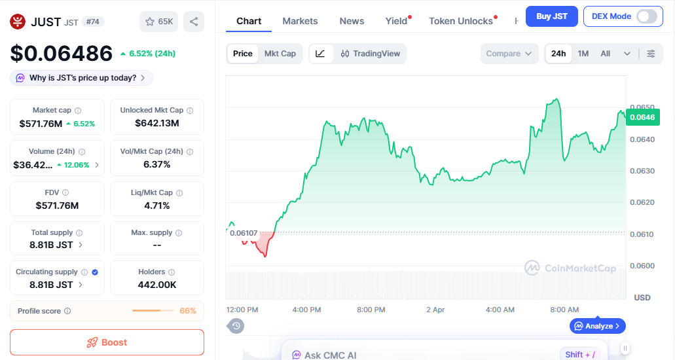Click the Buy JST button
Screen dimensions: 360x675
pyautogui.click(x=552, y=16)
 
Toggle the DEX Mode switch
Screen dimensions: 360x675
pyautogui.click(x=646, y=16)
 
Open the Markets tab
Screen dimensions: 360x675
pyautogui.click(x=300, y=21)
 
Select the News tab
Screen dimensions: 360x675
pyautogui.click(x=352, y=21)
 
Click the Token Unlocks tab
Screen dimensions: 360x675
pyautogui.click(x=461, y=21)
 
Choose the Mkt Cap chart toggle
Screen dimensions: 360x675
pyautogui.click(x=280, y=54)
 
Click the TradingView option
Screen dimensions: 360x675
pyautogui.click(x=371, y=54)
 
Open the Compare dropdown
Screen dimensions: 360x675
pyautogui.click(x=509, y=54)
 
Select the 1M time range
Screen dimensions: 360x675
pyautogui.click(x=583, y=54)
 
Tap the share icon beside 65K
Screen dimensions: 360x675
pyautogui.click(x=194, y=22)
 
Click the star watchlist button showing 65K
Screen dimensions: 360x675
pyautogui.click(x=159, y=22)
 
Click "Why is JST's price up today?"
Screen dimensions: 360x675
pyautogui.click(x=82, y=78)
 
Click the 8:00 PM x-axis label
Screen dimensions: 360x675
pyautogui.click(x=371, y=310)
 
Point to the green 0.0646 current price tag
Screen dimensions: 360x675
pyautogui.click(x=642, y=117)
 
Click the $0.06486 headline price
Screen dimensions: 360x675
pyautogui.click(x=61, y=53)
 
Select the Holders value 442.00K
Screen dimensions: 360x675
pyautogui.click(x=157, y=285)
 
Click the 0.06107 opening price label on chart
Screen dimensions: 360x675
pyautogui.click(x=244, y=233)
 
